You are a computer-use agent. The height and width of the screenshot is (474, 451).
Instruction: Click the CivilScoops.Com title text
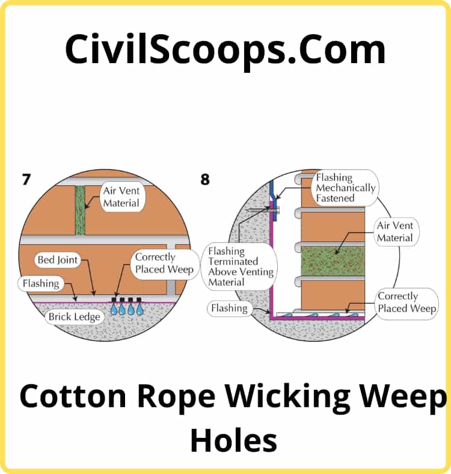click(x=225, y=49)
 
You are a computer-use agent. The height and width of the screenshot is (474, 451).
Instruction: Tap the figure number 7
click(x=26, y=179)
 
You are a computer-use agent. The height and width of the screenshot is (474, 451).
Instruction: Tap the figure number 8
click(x=206, y=179)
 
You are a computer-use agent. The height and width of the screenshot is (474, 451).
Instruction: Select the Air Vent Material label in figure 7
click(x=121, y=196)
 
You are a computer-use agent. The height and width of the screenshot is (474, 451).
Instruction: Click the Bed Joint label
click(x=58, y=260)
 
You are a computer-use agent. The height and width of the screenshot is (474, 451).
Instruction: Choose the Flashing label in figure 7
click(x=41, y=283)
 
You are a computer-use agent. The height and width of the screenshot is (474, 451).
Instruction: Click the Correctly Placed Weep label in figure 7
click(x=163, y=263)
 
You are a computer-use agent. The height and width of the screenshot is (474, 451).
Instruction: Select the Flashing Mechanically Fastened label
click(x=345, y=187)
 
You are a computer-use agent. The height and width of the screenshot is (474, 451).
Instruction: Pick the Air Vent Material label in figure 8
click(x=394, y=232)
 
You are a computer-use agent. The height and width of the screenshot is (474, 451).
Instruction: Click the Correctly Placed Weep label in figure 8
click(x=406, y=303)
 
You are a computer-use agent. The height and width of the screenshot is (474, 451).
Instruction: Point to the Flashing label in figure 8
click(x=229, y=309)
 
